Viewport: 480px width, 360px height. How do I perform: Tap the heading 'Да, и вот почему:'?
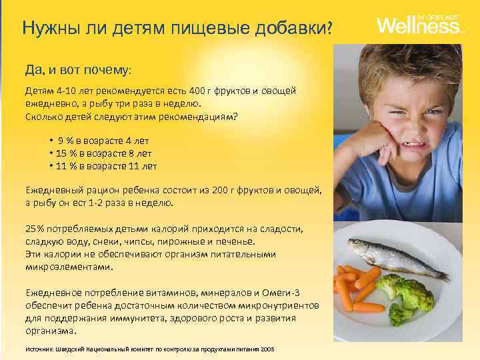pyautogui.click(x=79, y=69)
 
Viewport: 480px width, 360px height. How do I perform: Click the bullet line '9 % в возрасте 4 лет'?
pyautogui.click(x=103, y=141)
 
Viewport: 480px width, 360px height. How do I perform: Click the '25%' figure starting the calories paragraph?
pyautogui.click(x=35, y=229)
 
